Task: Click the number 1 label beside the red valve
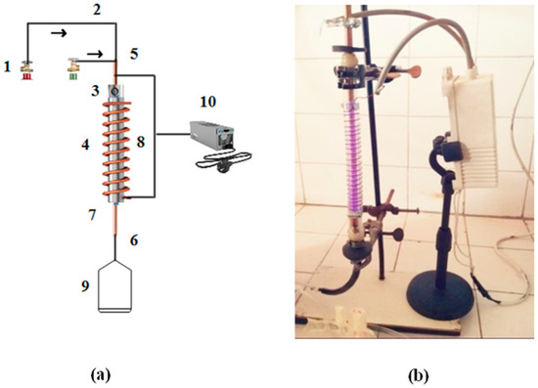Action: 7,67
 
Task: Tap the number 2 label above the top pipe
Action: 96,11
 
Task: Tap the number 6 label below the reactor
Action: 135,238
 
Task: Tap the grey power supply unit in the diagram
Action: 206,136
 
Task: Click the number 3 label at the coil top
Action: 96,91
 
